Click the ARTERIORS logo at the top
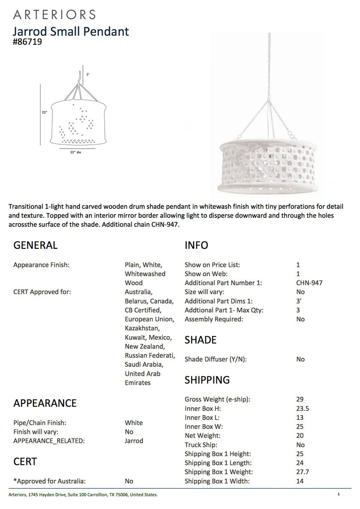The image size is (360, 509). [55, 15]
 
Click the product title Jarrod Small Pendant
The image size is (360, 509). [71, 32]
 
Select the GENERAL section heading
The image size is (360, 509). [35, 245]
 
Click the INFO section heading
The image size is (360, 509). [196, 245]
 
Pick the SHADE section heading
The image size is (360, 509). [200, 340]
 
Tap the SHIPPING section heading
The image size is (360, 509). [207, 380]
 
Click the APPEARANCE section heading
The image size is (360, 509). [45, 403]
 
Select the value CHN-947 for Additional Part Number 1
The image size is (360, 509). [310, 283]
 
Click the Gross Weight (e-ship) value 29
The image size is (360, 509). [300, 399]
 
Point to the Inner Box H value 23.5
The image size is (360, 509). [303, 409]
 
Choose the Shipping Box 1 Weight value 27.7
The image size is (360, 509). [303, 472]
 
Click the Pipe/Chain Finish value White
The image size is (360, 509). [134, 423]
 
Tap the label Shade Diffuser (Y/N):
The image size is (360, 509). [215, 359]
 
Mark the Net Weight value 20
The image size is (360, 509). [300, 436]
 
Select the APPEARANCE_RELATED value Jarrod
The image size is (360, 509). [134, 441]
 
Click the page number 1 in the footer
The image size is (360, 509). [338, 494]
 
